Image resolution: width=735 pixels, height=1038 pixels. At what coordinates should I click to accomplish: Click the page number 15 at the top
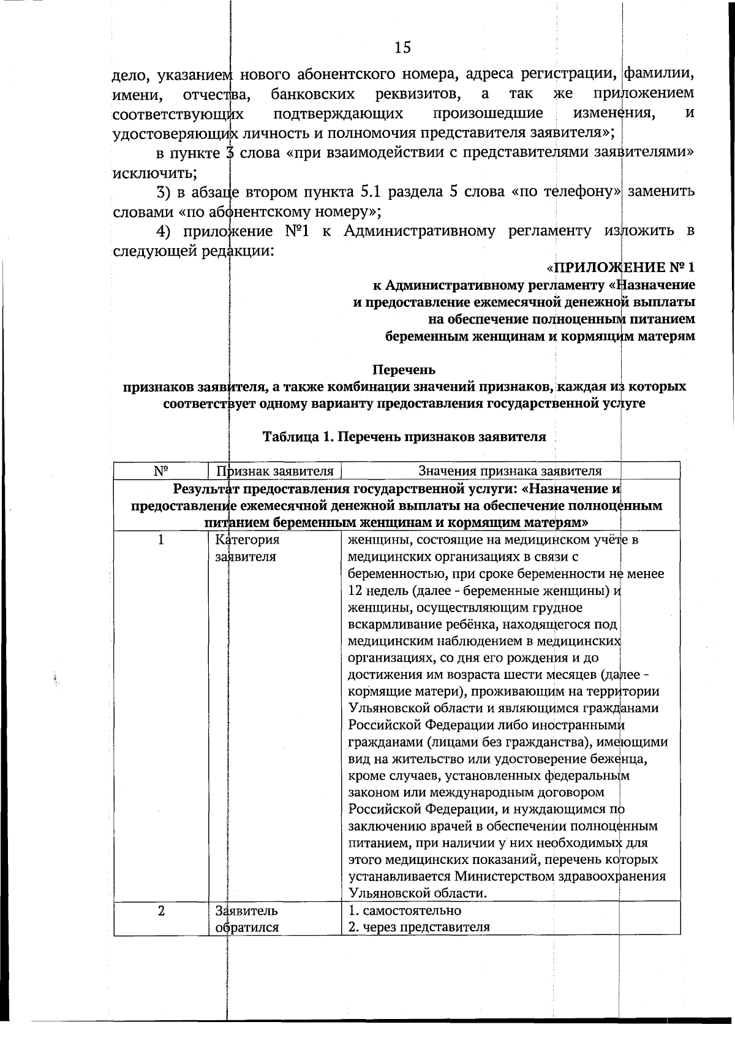pyautogui.click(x=402, y=48)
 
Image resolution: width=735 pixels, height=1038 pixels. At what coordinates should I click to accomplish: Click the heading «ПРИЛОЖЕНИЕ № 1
pyautogui.click(x=620, y=268)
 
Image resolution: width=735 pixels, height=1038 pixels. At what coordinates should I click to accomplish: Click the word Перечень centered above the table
pyautogui.click(x=404, y=369)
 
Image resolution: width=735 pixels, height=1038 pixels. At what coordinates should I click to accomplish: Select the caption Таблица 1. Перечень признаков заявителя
pyautogui.click(x=404, y=437)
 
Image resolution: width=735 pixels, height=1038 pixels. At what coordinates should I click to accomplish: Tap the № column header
pyautogui.click(x=161, y=471)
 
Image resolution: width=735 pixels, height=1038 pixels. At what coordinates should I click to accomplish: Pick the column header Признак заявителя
pyautogui.click(x=275, y=471)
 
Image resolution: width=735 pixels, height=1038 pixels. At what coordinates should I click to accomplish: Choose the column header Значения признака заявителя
pyautogui.click(x=510, y=471)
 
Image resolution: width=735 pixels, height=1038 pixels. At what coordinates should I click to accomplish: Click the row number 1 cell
pyautogui.click(x=161, y=540)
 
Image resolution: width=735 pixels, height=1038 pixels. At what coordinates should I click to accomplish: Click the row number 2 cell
pyautogui.click(x=161, y=911)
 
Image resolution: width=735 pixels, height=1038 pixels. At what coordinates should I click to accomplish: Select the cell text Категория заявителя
pyautogui.click(x=247, y=548)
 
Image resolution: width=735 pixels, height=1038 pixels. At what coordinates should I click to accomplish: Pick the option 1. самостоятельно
pyautogui.click(x=404, y=911)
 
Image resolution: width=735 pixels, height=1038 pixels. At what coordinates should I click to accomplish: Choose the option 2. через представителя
pyautogui.click(x=419, y=926)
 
